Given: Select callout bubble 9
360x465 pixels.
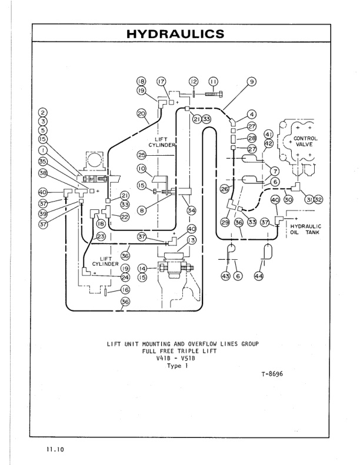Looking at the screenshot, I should pyautogui.click(x=251, y=82).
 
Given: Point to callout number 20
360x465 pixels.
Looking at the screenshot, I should pyautogui.click(x=141, y=112).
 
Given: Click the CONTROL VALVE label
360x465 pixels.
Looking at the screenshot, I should pyautogui.click(x=305, y=142).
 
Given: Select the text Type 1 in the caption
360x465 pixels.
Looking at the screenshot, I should pyautogui.click(x=176, y=365).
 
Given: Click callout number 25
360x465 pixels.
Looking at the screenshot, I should pyautogui.click(x=142, y=155).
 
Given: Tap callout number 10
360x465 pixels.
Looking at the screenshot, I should pyautogui.click(x=141, y=168).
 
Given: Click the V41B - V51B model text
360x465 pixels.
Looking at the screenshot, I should pyautogui.click(x=176, y=357).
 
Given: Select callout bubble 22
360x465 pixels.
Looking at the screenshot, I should pyautogui.click(x=125, y=216).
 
